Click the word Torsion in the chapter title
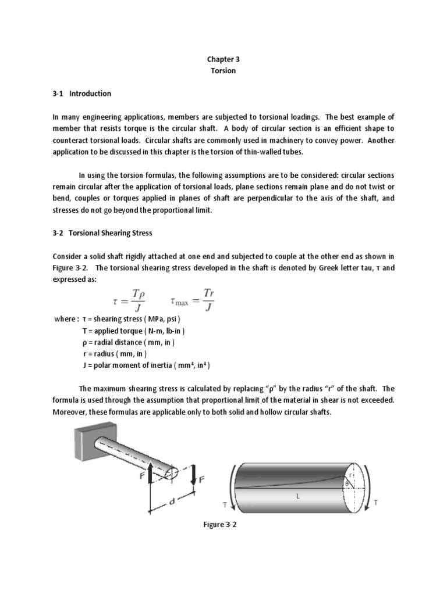click(x=223, y=70)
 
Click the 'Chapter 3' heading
click(x=223, y=59)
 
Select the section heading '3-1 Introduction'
click(x=81, y=94)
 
